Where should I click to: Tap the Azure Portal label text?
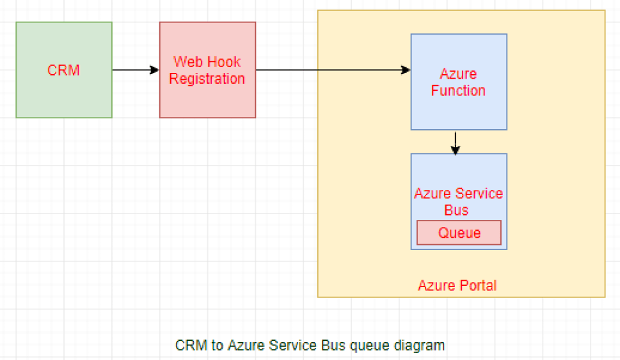(457, 285)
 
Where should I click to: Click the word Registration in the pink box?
(207, 79)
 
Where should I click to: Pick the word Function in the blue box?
(458, 91)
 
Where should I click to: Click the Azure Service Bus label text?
(458, 201)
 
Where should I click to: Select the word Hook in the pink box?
(225, 63)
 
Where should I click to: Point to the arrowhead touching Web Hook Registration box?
(155, 70)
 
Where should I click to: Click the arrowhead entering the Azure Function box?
(406, 70)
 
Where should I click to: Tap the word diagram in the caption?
(420, 346)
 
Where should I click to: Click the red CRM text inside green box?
(64, 70)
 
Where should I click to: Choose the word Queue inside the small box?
(459, 233)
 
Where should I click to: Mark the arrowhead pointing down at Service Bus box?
(455, 150)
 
